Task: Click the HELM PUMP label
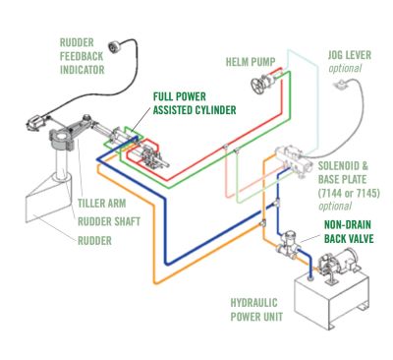point(251,62)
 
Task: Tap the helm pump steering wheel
point(258,85)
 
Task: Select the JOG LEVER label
point(350,55)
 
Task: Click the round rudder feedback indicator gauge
point(114,47)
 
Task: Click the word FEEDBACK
point(82,56)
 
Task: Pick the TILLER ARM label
point(102,204)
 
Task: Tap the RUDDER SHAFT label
point(109,221)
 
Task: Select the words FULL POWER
point(180,96)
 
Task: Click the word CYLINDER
point(215,110)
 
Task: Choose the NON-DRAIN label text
point(348,225)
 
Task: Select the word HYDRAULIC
point(254,303)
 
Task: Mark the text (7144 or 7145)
point(349,193)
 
